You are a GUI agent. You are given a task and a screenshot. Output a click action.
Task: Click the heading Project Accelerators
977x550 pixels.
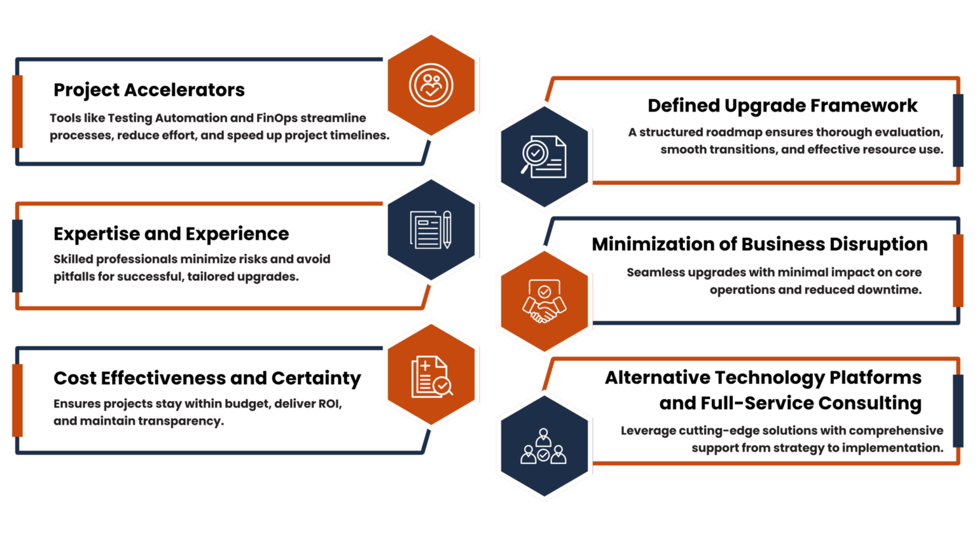tap(149, 90)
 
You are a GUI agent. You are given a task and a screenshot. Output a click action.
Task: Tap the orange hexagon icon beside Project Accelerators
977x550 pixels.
tap(431, 85)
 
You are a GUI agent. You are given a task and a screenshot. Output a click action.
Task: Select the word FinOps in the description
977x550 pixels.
tap(277, 118)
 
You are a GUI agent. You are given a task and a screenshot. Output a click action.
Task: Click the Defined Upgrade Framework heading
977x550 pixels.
tap(782, 106)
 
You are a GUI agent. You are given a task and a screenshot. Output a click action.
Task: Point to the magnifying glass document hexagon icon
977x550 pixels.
tap(544, 157)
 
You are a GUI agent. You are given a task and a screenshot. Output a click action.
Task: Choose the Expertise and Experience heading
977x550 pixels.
tap(171, 234)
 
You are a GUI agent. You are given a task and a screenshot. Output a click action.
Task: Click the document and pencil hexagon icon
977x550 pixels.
tap(431, 230)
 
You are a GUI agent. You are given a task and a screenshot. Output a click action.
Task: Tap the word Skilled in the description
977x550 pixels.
tap(73, 259)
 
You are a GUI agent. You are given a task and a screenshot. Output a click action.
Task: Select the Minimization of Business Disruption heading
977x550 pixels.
tap(759, 244)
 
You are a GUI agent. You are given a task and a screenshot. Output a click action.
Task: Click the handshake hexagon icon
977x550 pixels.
tap(544, 301)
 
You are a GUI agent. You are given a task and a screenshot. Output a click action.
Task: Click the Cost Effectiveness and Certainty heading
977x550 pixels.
tap(207, 379)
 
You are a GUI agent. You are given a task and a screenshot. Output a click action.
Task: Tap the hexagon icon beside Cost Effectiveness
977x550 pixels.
tap(431, 374)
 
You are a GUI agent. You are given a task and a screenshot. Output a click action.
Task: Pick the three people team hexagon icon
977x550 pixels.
tap(544, 446)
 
